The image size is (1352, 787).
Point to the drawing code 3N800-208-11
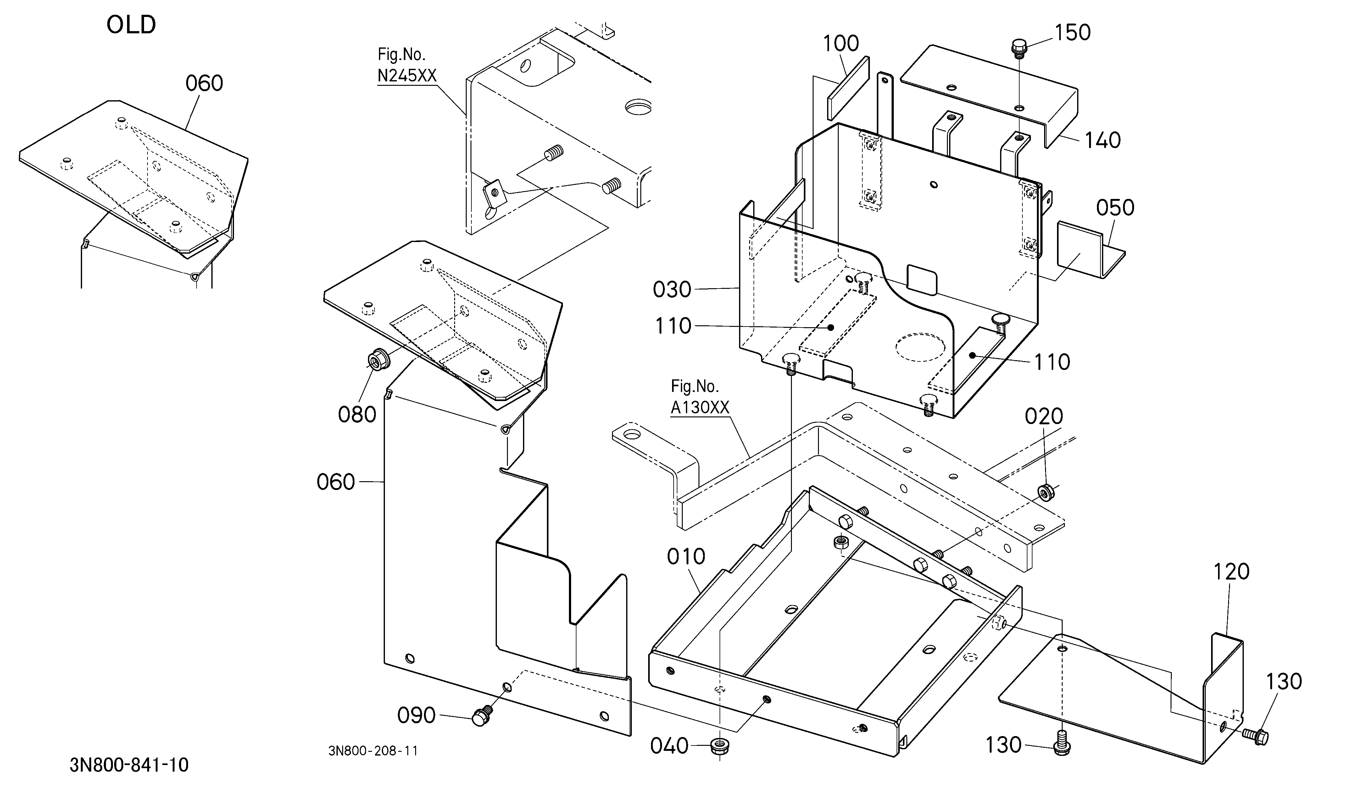[373, 751]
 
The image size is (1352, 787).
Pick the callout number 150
[1072, 33]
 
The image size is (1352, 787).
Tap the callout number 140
[1103, 140]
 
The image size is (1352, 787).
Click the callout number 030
[672, 289]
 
